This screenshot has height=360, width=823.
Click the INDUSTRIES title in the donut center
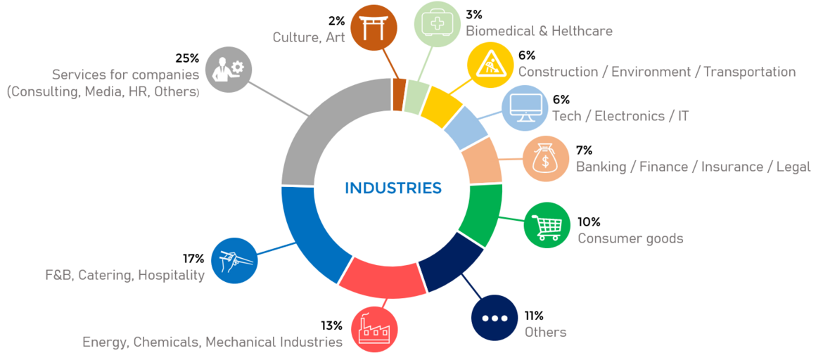point(393,188)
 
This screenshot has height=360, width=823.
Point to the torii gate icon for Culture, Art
point(373,27)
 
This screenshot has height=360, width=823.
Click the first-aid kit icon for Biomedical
point(438,24)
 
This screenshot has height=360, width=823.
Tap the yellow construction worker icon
point(491,65)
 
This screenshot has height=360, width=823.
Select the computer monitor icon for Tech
point(525,108)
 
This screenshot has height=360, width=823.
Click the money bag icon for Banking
point(546,159)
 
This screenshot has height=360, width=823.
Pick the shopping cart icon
point(547,226)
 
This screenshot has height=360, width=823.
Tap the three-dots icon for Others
point(495,318)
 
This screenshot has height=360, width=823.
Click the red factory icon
point(374,330)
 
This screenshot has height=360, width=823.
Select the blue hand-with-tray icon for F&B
point(235,260)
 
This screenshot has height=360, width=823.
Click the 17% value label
point(193,259)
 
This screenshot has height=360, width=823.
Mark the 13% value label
point(331,326)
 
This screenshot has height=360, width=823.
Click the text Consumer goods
point(630,238)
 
